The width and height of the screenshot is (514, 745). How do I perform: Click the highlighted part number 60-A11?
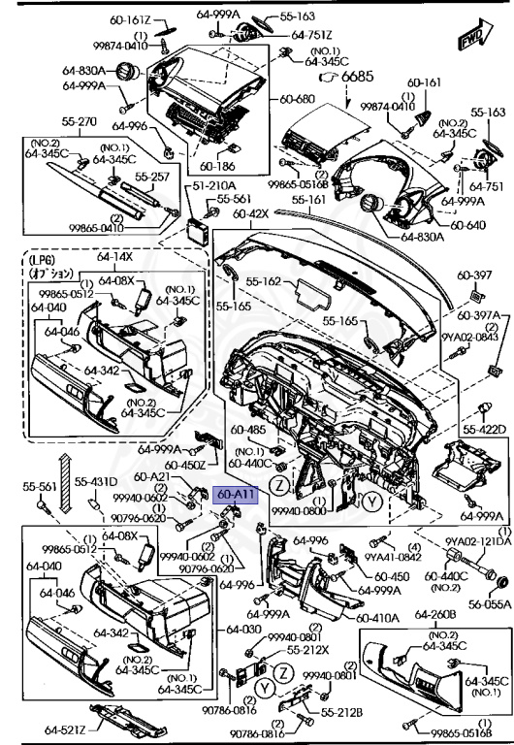point(237,495)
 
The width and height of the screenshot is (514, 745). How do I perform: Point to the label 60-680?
point(298,99)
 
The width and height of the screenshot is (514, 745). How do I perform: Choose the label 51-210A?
point(215,185)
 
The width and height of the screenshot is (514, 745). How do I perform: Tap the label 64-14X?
point(115,257)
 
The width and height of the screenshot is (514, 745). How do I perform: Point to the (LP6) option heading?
point(42,260)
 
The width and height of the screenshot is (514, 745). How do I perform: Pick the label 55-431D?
point(97,481)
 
